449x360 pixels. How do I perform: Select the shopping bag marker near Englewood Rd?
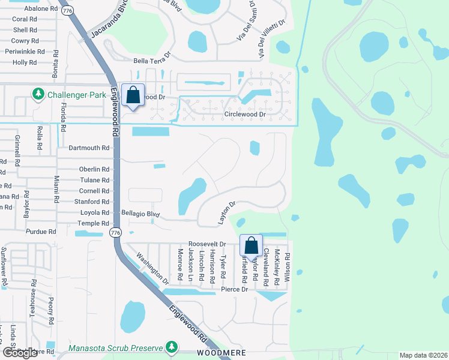click(x=133, y=95)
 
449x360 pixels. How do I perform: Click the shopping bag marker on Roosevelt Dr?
click(x=252, y=245)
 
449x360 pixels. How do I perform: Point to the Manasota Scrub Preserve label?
click(x=116, y=348)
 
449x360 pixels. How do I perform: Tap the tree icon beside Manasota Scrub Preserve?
click(x=172, y=347)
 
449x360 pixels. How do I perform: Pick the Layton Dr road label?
click(x=226, y=213)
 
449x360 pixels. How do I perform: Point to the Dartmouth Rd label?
click(x=89, y=148)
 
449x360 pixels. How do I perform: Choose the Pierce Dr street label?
click(x=235, y=289)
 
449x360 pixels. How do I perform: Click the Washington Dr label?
click(x=153, y=268)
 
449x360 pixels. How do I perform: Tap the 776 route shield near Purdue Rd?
click(x=116, y=232)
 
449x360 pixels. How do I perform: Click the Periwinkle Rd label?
click(x=29, y=52)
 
